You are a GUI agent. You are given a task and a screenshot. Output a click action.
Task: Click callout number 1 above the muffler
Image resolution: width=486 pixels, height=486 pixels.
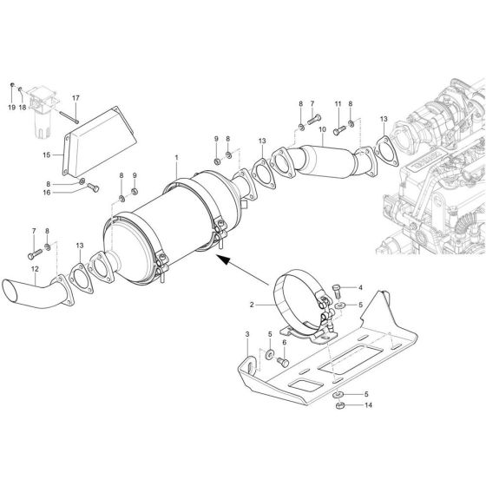pyautogui.click(x=175, y=159)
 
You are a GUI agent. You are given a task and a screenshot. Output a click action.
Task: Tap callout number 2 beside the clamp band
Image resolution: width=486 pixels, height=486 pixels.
pyautogui.click(x=252, y=305)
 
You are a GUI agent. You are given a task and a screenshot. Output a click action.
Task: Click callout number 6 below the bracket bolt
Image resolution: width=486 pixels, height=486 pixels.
pyautogui.click(x=284, y=343)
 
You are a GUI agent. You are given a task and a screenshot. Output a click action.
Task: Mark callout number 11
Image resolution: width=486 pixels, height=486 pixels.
pyautogui.click(x=338, y=104)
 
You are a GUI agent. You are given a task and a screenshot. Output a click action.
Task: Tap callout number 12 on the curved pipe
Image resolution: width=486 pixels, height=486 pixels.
pyautogui.click(x=35, y=270)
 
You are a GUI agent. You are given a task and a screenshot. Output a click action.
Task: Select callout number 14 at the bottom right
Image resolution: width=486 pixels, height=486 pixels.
pyautogui.click(x=369, y=405)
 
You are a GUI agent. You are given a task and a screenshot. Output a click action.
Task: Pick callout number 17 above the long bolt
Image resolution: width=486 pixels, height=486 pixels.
pyautogui.click(x=76, y=97)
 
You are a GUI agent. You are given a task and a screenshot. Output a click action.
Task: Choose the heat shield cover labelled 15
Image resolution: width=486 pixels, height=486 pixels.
pyautogui.click(x=100, y=143)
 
